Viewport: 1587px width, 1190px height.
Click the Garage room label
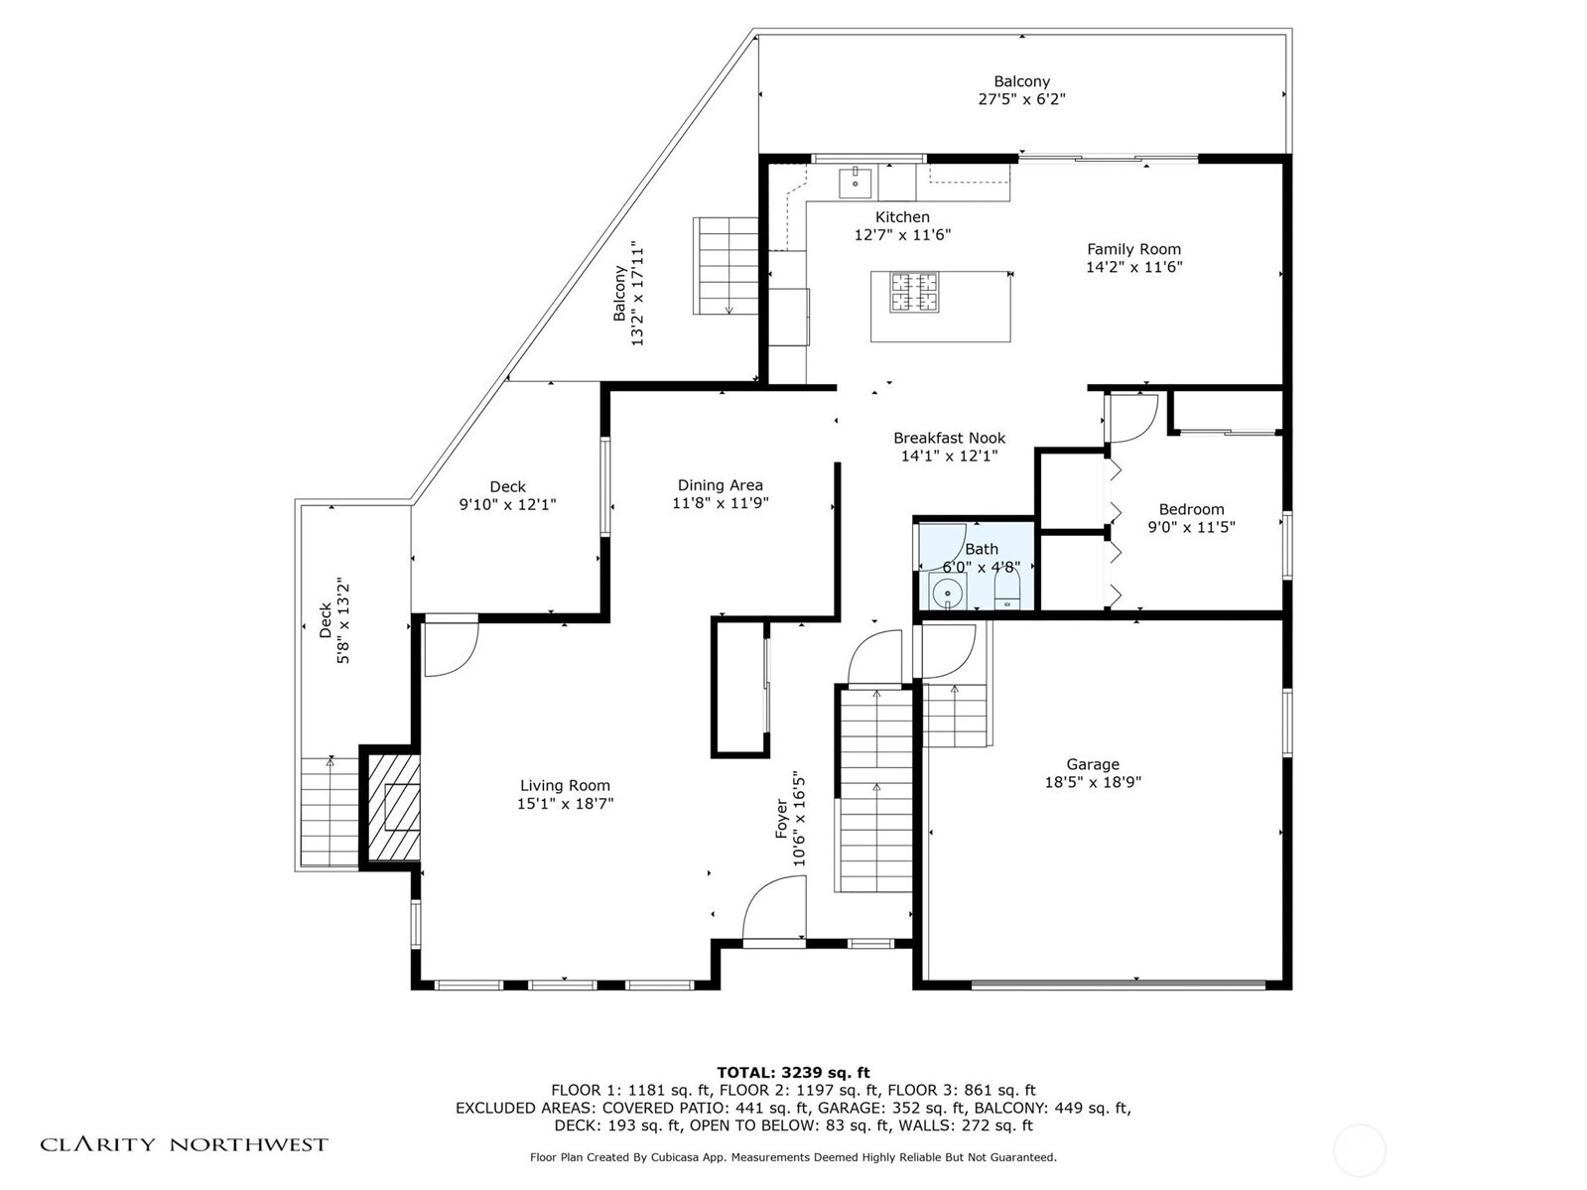point(1092,764)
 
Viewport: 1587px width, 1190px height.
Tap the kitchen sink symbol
point(856,182)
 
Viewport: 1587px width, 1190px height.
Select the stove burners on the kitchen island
point(914,292)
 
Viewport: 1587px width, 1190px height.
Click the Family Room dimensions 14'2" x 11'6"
point(1133,267)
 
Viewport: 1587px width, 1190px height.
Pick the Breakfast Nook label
point(949,438)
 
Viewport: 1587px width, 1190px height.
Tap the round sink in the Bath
point(947,594)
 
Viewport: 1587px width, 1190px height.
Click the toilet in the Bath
point(1007,589)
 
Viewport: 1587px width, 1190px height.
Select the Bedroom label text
point(1191,509)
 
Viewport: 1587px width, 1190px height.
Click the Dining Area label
point(721,485)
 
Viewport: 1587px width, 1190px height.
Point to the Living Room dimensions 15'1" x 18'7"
point(565,803)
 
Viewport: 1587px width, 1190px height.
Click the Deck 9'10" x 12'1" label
point(507,495)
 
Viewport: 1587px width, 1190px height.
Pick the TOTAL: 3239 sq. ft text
point(793,1072)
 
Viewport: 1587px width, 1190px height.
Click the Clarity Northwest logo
point(184,1144)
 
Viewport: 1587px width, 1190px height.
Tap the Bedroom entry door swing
point(1132,418)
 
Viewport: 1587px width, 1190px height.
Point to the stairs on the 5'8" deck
point(330,811)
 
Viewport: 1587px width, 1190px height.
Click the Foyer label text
point(781,819)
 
